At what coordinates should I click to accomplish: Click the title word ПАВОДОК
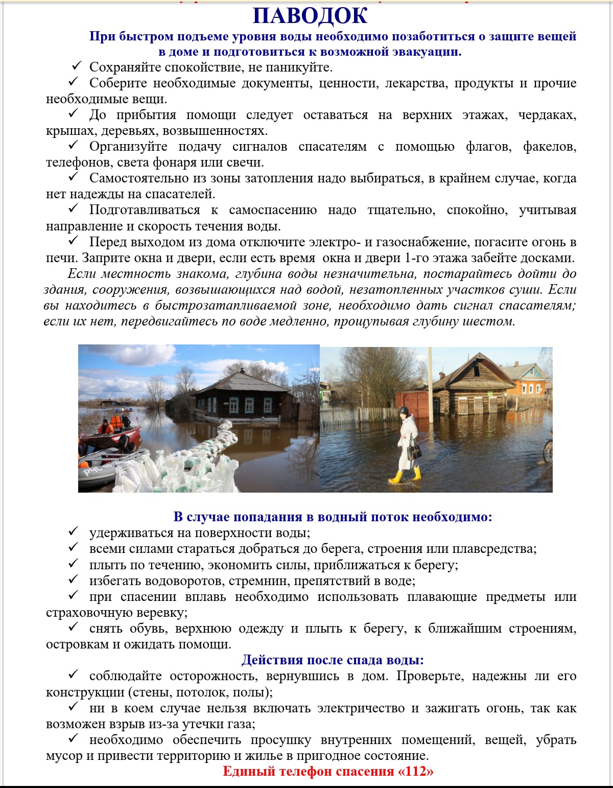[x=310, y=16]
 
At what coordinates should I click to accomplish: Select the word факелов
[x=549, y=147]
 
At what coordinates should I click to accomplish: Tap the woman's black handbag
[x=414, y=451]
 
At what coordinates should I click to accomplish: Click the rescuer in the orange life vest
[x=106, y=427]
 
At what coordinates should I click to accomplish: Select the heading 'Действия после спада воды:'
[x=333, y=660]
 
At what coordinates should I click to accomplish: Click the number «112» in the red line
[x=416, y=771]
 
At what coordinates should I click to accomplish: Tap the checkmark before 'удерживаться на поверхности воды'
[x=74, y=532]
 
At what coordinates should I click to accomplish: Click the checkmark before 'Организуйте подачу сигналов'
[x=74, y=146]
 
